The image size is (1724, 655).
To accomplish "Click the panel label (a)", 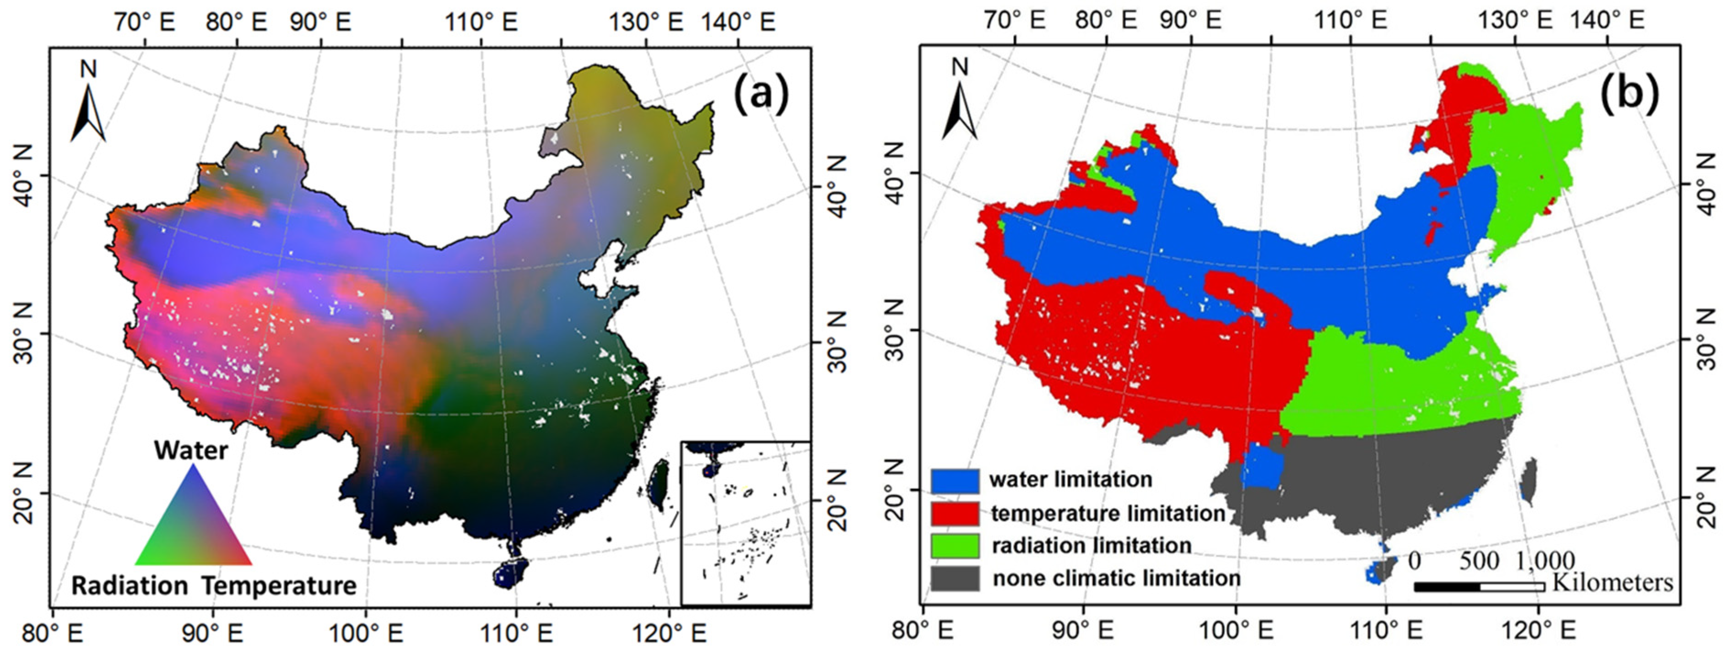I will [x=762, y=94].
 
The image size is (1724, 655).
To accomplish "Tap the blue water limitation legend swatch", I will [x=954, y=480].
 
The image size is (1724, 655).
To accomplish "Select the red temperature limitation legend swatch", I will [x=954, y=513].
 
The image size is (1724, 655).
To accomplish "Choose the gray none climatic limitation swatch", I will [x=954, y=579].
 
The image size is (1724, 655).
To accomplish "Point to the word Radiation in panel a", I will [x=129, y=586].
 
